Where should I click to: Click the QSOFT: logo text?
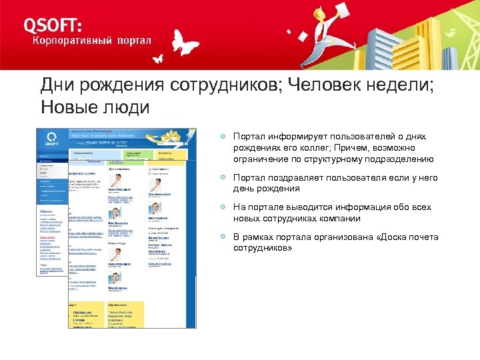click(x=53, y=25)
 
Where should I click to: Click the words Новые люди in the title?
click(x=95, y=107)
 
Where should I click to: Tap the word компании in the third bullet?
click(x=341, y=219)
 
